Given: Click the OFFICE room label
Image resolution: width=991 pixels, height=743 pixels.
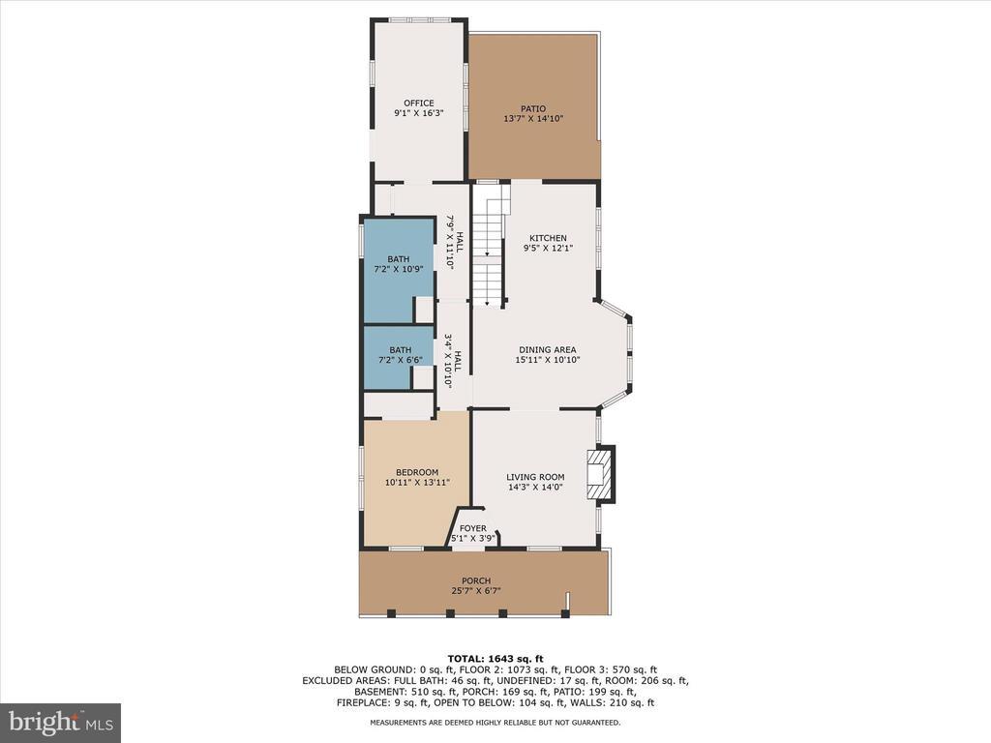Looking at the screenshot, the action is [419, 103].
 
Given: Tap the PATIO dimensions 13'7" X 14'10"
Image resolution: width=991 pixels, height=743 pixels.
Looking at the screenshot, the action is [533, 118].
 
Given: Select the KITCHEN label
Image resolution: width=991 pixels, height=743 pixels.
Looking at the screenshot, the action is [548, 238].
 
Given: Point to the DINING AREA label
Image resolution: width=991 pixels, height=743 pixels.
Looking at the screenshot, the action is [548, 350].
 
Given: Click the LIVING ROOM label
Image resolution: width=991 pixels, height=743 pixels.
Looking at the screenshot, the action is [535, 477].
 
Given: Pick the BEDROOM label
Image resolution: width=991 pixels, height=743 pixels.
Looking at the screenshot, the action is [417, 472].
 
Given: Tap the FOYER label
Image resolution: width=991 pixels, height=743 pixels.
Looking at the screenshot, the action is [472, 529].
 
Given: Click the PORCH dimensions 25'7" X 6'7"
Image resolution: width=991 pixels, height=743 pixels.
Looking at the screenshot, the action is [476, 591].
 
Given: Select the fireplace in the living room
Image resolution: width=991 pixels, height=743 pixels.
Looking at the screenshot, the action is [600, 474].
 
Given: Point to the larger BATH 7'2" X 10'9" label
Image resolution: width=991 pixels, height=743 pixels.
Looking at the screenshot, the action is [398, 264].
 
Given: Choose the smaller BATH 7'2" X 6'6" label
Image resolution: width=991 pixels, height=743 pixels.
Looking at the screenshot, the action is [400, 355].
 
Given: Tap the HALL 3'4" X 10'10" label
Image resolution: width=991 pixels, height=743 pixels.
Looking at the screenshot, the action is [453, 361].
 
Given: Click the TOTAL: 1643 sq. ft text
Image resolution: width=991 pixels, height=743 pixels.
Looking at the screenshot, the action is [495, 659].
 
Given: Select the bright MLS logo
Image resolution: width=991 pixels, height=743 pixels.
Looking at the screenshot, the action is [61, 722].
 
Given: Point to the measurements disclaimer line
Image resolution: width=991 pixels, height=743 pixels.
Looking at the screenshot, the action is [495, 722].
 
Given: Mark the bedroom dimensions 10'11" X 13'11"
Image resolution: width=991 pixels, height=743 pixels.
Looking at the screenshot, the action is [417, 483].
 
